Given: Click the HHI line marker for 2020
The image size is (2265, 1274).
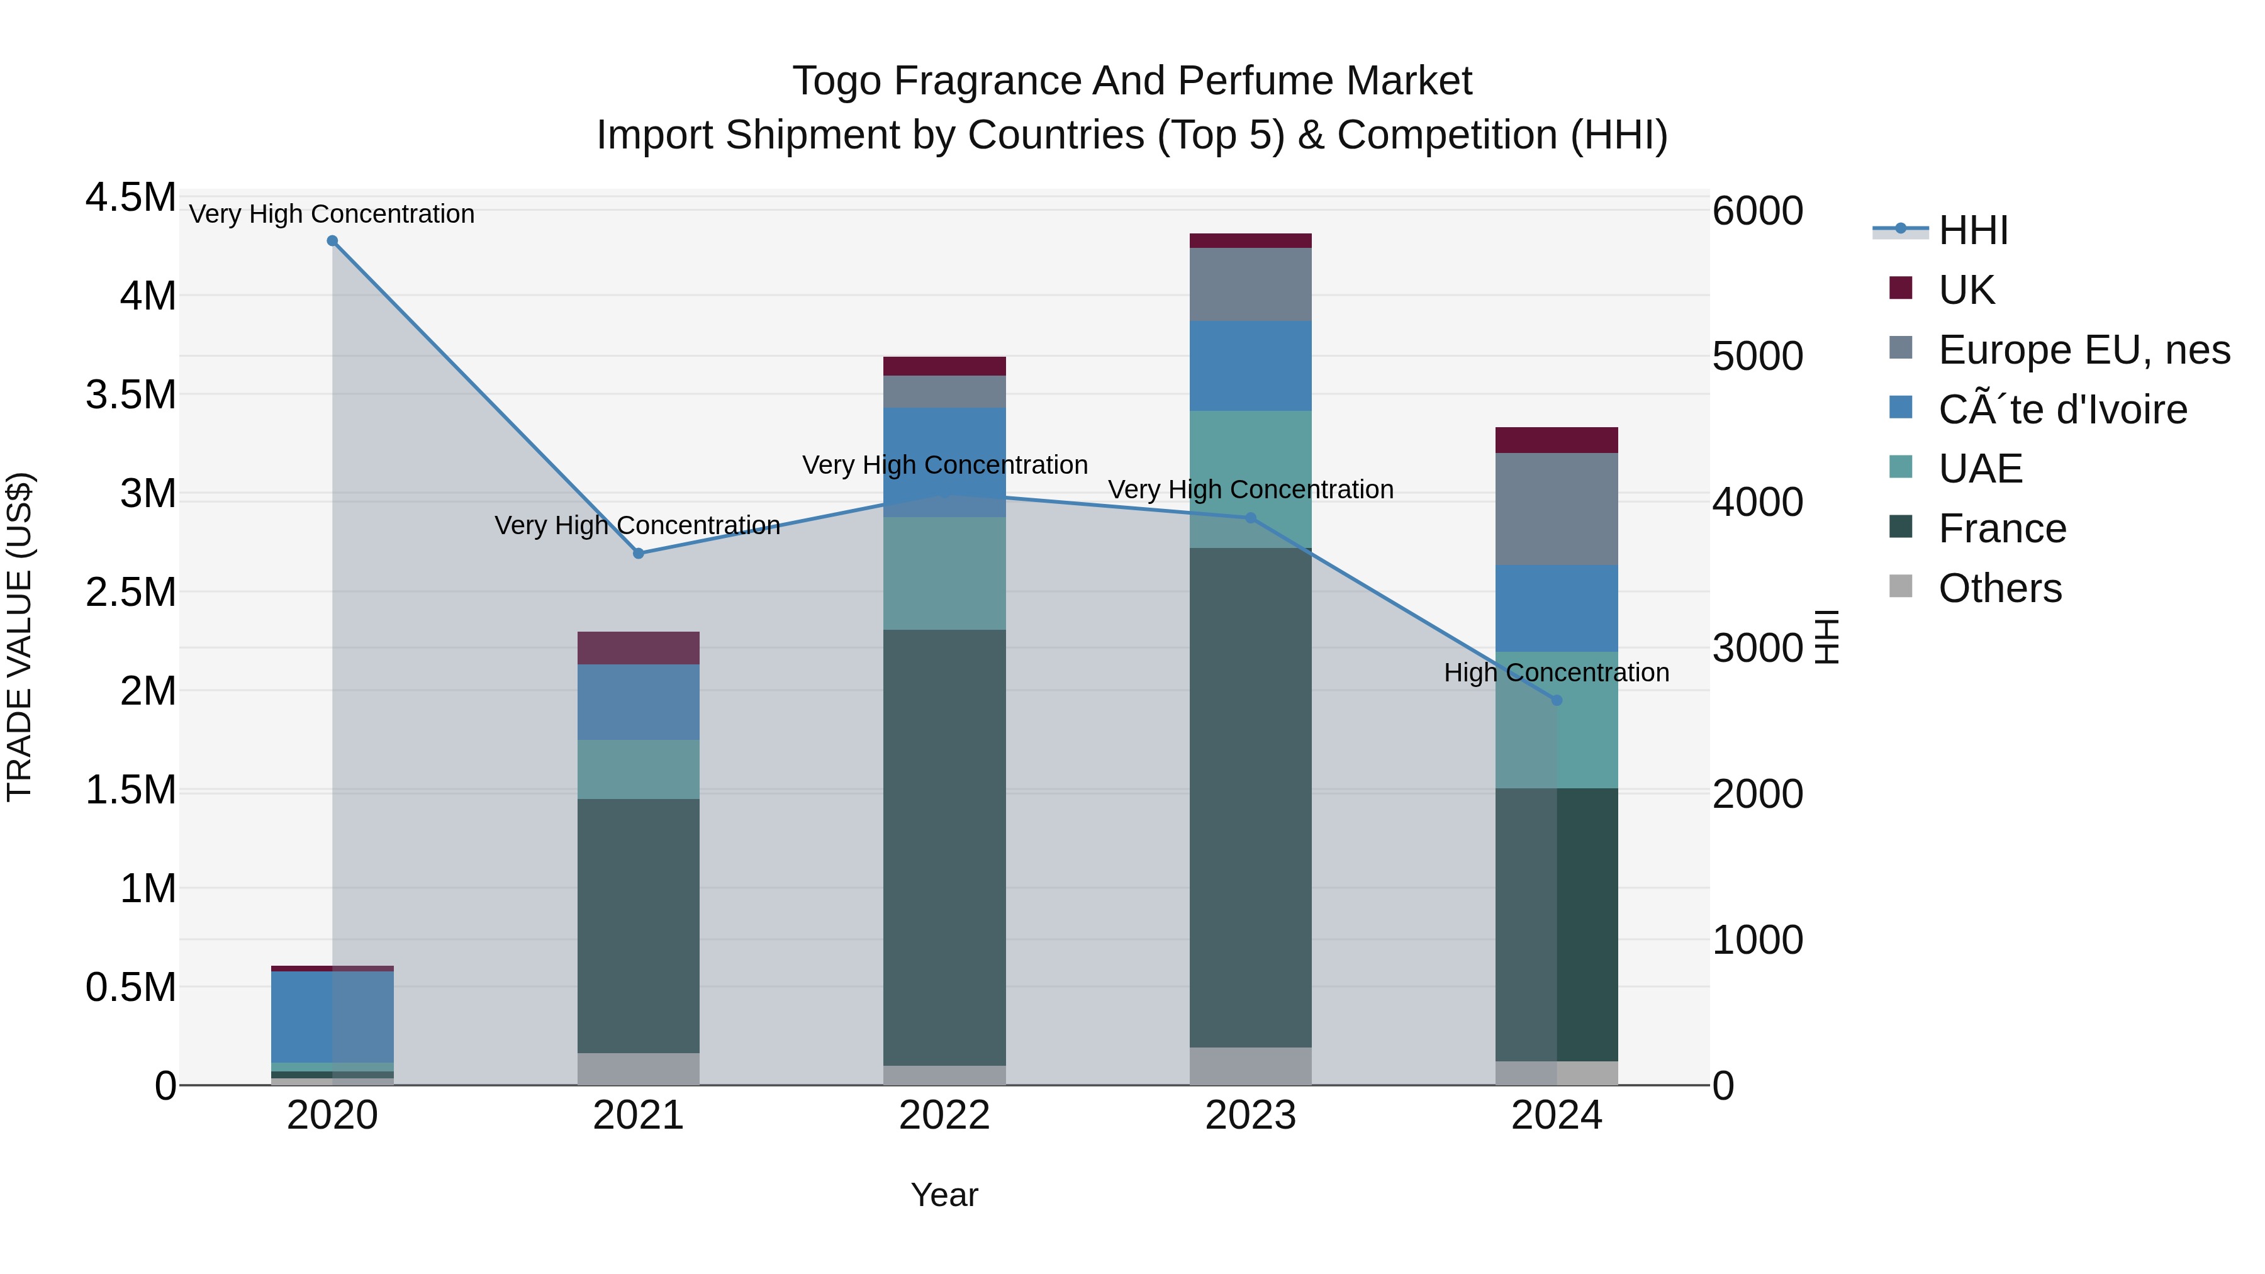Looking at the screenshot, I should pyautogui.click(x=332, y=241).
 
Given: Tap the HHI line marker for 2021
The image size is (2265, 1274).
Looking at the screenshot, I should pyautogui.click(x=639, y=553).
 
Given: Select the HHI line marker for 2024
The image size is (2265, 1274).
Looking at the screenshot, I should pyautogui.click(x=1557, y=700).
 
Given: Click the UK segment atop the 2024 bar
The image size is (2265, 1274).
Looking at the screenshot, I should pyautogui.click(x=1557, y=440).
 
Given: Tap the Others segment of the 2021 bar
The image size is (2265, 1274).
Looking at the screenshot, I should pyautogui.click(x=639, y=1068).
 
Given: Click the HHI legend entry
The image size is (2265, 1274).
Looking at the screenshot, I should pyautogui.click(x=1972, y=230).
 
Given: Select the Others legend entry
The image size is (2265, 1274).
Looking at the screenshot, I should pyautogui.click(x=1999, y=588).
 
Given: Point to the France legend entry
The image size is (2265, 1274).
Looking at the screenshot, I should pyautogui.click(x=2002, y=528).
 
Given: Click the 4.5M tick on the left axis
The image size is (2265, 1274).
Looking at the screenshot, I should pyautogui.click(x=130, y=198).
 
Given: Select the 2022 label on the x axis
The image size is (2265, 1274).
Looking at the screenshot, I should pyautogui.click(x=944, y=1115).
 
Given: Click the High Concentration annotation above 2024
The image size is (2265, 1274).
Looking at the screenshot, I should pyautogui.click(x=1557, y=673).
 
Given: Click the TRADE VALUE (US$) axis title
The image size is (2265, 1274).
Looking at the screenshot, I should pyautogui.click(x=20, y=637).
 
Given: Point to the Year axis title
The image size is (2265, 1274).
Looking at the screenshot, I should pyautogui.click(x=944, y=1195).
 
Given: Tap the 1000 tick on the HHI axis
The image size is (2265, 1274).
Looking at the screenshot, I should pyautogui.click(x=1757, y=940).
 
